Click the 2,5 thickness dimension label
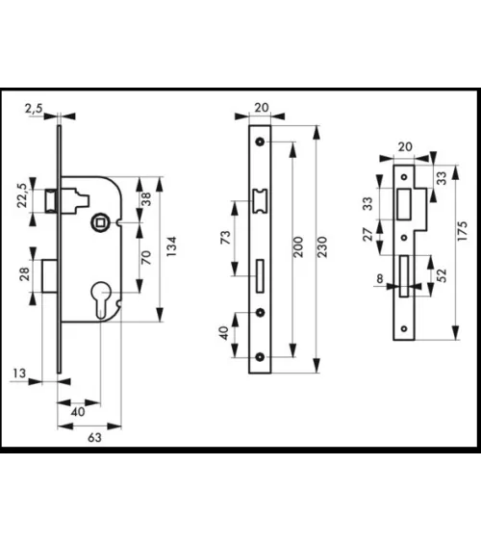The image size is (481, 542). click(x=33, y=109)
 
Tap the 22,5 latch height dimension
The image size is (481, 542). click(x=22, y=195)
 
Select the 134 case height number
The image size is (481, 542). click(x=171, y=246)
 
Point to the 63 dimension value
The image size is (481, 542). click(x=94, y=438)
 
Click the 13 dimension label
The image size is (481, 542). click(x=19, y=374)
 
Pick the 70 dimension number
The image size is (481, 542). click(x=146, y=257)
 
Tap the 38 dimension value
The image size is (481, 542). click(x=146, y=199)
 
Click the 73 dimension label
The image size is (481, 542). click(x=225, y=238)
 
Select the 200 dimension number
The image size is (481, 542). click(x=297, y=246)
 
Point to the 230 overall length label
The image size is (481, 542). click(x=322, y=246)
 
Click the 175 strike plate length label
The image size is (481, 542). click(x=463, y=231)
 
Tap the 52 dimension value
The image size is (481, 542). click(x=442, y=275)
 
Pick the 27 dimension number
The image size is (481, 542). click(x=368, y=234)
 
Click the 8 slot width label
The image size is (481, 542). click(x=380, y=278)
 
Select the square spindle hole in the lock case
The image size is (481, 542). click(x=100, y=223)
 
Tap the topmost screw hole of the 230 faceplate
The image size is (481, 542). click(x=260, y=142)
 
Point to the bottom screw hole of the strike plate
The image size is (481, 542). click(x=404, y=328)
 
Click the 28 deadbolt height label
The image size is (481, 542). click(x=24, y=274)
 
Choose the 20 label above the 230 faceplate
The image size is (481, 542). click(x=262, y=108)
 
